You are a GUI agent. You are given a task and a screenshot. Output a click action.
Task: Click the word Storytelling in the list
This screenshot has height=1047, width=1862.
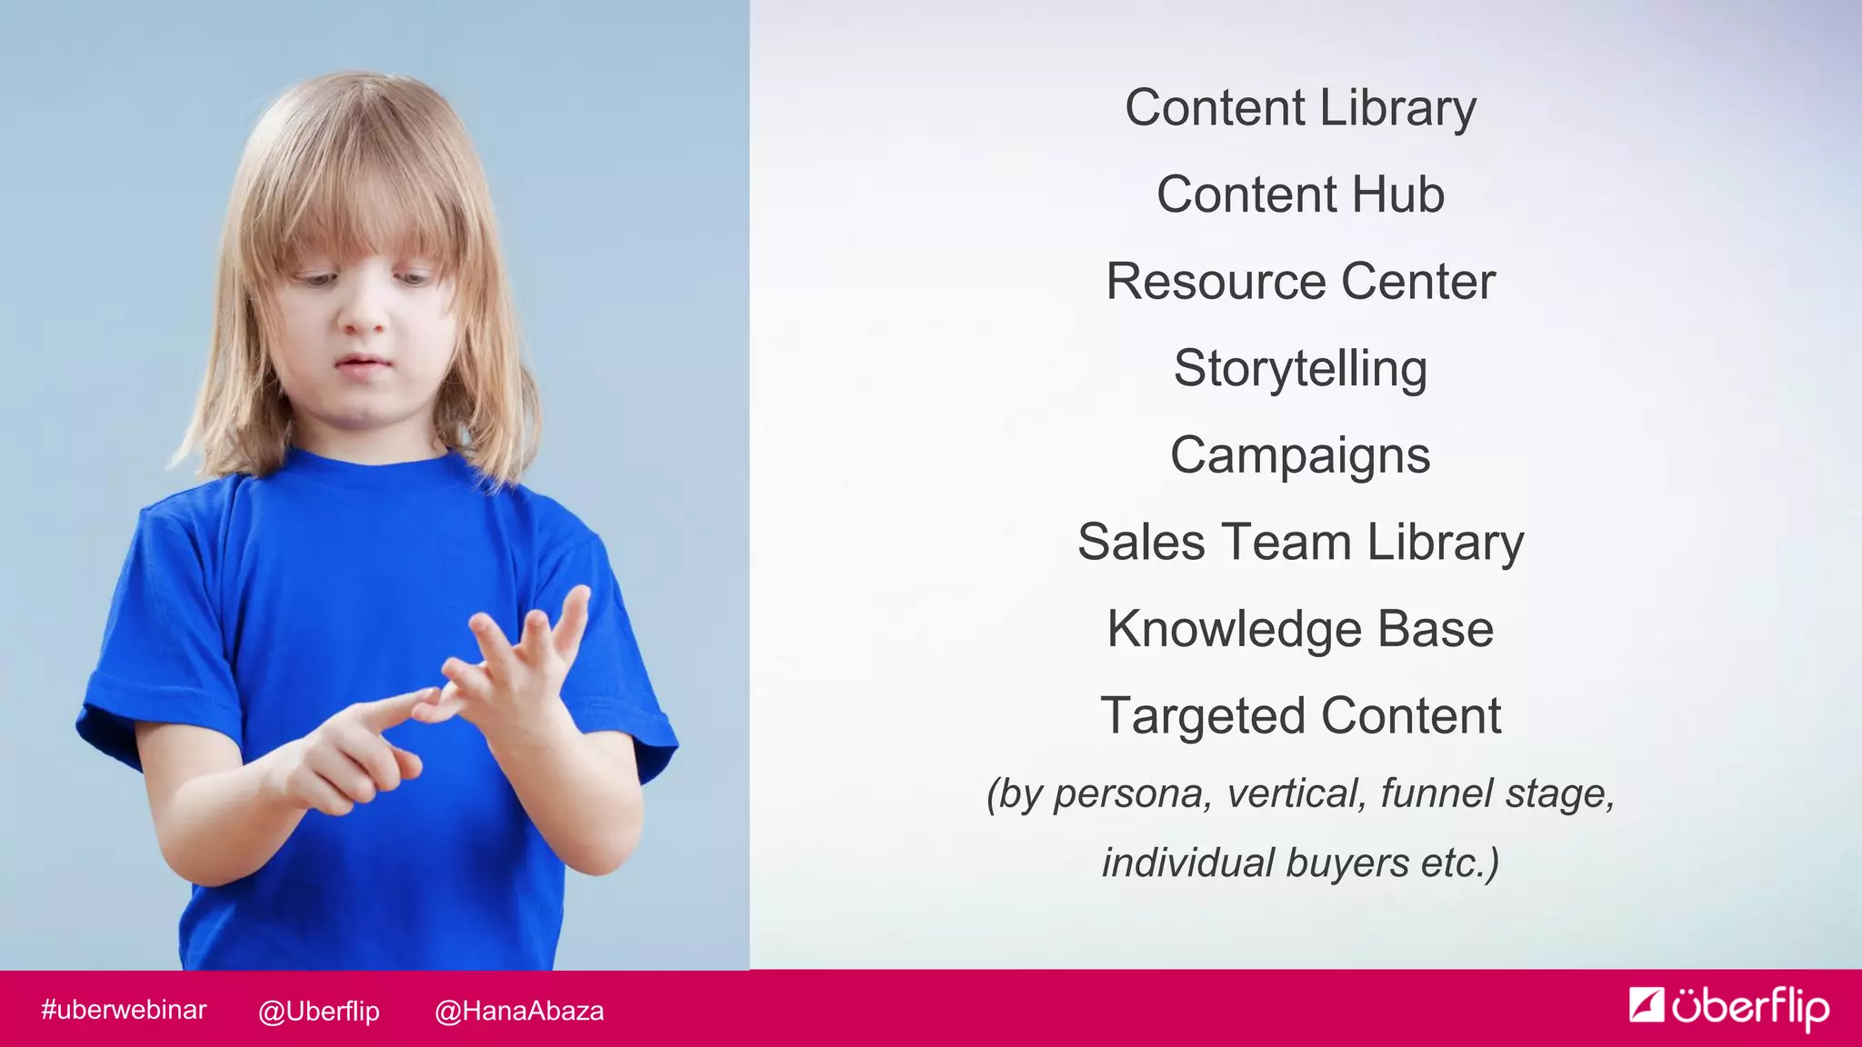click(1300, 369)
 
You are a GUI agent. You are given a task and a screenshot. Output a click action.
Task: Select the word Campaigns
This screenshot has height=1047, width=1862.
click(1300, 456)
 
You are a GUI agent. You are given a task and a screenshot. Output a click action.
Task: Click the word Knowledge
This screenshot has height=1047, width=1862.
click(1234, 630)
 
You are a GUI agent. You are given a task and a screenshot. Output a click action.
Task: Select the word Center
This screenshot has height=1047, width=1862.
click(1418, 282)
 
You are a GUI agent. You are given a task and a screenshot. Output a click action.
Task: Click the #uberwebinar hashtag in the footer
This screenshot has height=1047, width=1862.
click(124, 1010)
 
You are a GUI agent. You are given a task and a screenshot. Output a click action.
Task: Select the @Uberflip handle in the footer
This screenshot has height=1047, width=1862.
click(318, 1011)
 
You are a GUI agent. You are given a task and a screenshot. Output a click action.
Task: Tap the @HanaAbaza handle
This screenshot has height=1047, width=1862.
click(519, 1011)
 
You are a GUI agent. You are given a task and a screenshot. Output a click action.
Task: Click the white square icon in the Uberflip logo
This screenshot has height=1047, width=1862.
click(1646, 1004)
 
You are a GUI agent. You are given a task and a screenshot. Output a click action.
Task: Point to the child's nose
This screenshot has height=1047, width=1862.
click(364, 314)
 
